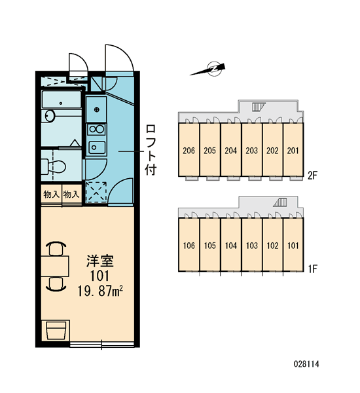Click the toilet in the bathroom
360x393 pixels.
click(x=54, y=166)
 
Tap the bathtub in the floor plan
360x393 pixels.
click(x=62, y=100)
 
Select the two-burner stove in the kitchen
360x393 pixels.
click(x=96, y=129)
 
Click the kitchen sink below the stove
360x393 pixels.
click(x=96, y=147)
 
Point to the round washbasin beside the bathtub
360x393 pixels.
click(x=50, y=116)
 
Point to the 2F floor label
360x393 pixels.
click(x=312, y=176)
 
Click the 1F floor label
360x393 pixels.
click(x=312, y=269)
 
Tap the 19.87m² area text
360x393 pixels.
click(x=100, y=291)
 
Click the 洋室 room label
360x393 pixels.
click(x=100, y=261)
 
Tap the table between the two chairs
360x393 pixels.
click(x=55, y=266)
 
